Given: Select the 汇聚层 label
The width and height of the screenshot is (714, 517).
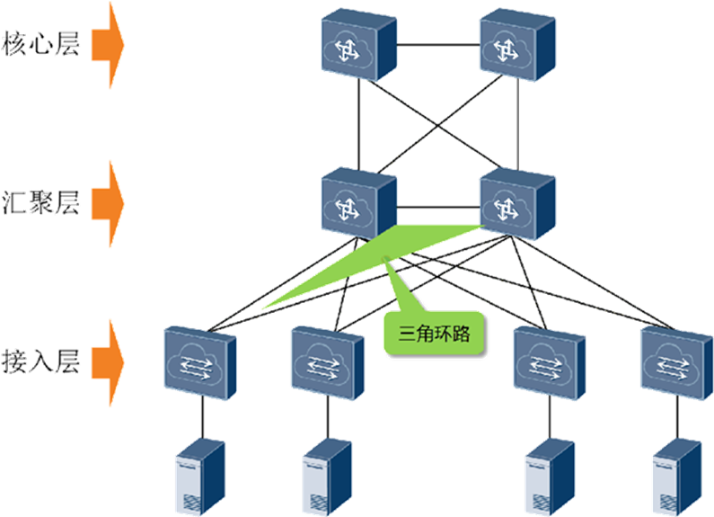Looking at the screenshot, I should coord(41,204).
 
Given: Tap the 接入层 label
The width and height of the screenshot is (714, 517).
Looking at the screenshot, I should coord(41,361).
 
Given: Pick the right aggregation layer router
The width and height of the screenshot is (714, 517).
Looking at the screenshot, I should coord(516,204).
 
